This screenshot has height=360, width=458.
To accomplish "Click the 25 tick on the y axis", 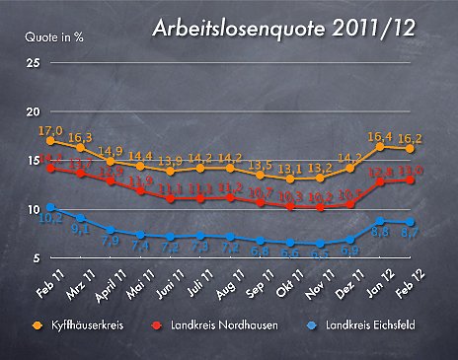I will click(x=33, y=63).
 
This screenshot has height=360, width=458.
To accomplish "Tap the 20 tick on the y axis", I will click(x=33, y=111).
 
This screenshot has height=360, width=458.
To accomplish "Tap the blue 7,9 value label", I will click(x=110, y=240).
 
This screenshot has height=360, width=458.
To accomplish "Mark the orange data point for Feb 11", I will click(x=50, y=141).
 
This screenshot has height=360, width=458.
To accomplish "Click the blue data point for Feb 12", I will click(x=410, y=222).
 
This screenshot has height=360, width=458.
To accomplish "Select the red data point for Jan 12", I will click(x=380, y=181).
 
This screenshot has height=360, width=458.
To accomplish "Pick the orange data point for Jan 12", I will click(x=380, y=147).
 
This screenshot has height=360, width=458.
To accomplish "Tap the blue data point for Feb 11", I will click(x=50, y=207).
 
